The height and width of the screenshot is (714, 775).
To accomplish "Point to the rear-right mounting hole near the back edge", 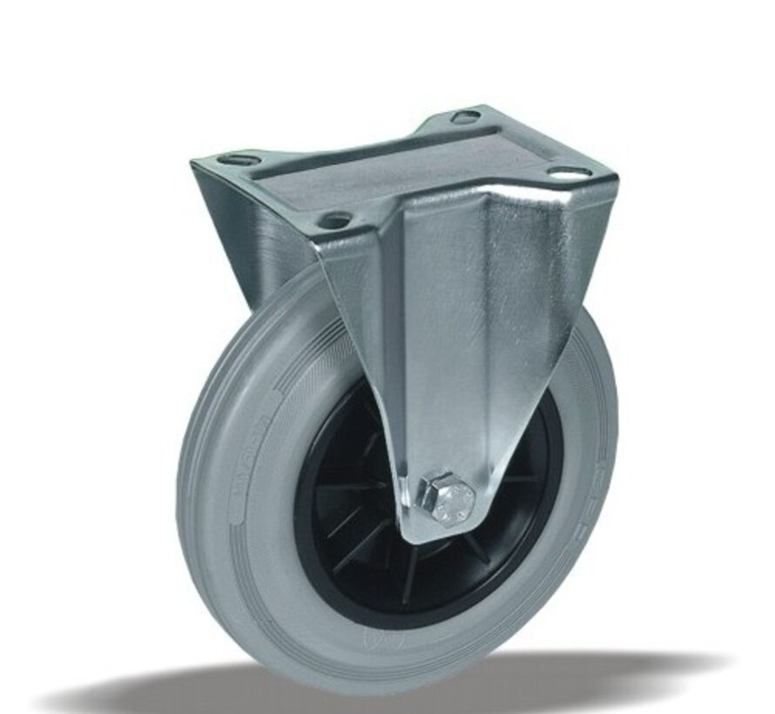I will click(x=464, y=117).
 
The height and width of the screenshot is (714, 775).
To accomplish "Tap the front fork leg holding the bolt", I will click(x=453, y=366).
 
